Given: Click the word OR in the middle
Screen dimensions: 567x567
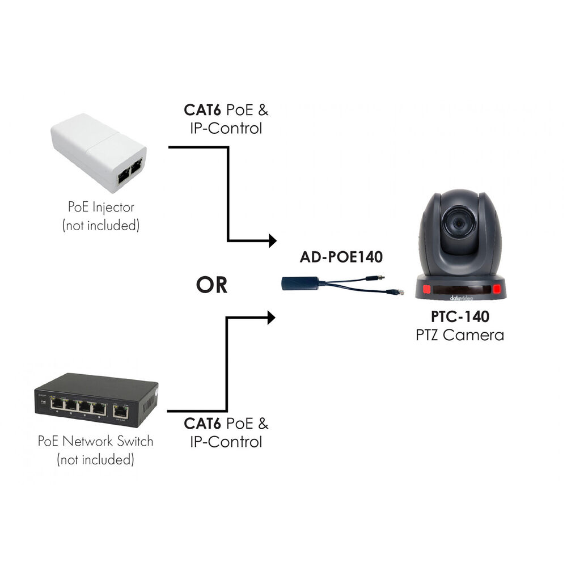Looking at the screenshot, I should pos(211,285).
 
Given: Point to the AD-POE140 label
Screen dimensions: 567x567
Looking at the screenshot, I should pos(341,257).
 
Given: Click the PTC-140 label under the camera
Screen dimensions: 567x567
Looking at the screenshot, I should pos(459,316).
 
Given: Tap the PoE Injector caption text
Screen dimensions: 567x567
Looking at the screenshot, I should pos(100,208).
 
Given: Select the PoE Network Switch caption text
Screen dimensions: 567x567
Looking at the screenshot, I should pos(95,441).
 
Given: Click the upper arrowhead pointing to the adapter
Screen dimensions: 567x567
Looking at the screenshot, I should pos(271,240).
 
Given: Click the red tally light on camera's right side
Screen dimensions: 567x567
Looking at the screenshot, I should pos(497,290).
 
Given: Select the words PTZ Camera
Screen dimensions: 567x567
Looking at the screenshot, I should pos(459,335).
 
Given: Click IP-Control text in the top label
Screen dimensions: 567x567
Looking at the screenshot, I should pos(226,128).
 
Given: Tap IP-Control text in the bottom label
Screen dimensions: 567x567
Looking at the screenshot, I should pos(226,441).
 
